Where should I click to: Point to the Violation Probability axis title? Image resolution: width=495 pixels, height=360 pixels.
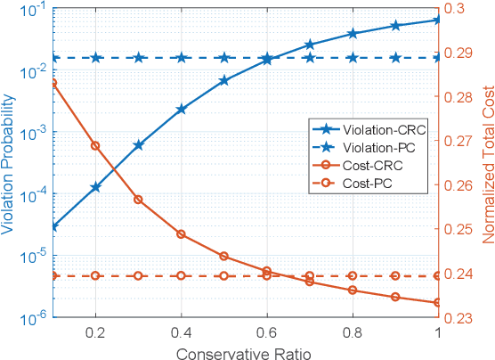[x=10, y=162]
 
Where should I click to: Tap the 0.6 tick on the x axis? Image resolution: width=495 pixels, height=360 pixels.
[x=267, y=331]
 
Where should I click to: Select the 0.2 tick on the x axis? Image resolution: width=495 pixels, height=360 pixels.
[x=95, y=331]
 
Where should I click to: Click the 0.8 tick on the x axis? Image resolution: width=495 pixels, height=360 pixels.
[x=353, y=331]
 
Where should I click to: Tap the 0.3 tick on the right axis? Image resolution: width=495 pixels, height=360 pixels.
[x=464, y=9]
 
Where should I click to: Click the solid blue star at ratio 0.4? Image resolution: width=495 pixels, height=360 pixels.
[x=182, y=110]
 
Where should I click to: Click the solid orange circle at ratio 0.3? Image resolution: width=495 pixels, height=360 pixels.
[x=139, y=200]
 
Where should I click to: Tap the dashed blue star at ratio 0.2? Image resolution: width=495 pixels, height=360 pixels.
[x=95, y=58]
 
